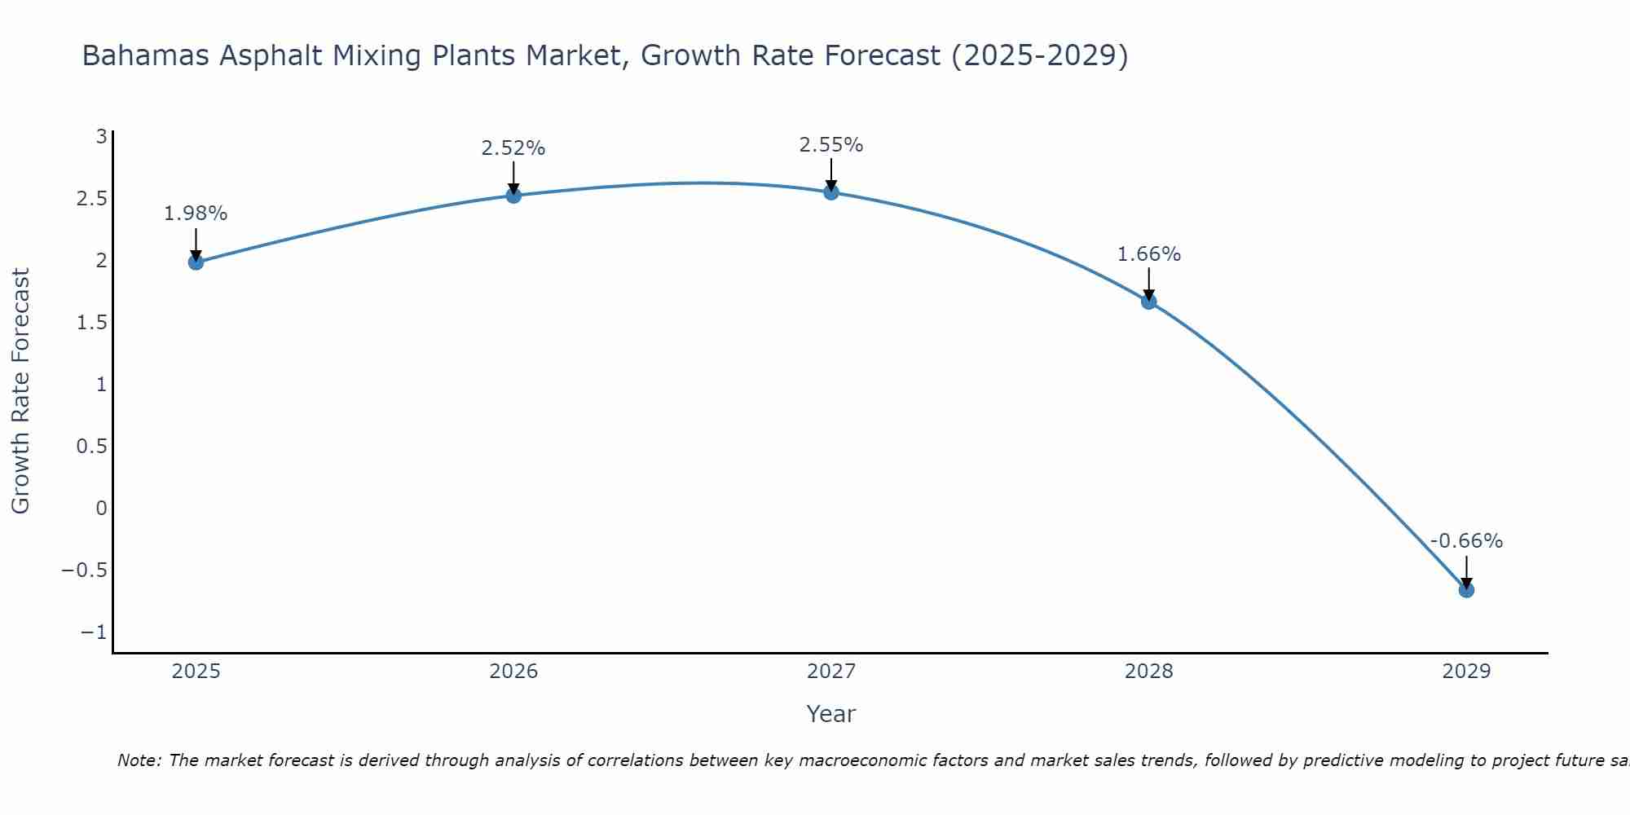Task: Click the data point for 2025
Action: coord(196,262)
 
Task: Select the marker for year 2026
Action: coord(513,195)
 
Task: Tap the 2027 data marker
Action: coord(831,192)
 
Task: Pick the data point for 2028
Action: coord(1149,302)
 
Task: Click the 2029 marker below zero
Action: coord(1466,589)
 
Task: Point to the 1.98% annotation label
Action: coord(196,214)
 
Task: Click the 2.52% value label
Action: coord(513,148)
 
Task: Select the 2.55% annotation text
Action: coord(831,145)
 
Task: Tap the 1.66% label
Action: coord(1149,254)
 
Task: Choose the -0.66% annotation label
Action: coord(1466,541)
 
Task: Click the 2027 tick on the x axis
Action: coord(831,672)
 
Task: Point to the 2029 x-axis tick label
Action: coord(1466,672)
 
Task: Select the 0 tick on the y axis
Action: coord(101,509)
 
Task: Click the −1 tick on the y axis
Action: coord(94,632)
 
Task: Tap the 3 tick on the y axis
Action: coord(101,137)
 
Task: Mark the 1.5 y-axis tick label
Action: coord(92,323)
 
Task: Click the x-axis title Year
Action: coord(831,714)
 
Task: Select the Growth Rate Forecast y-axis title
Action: coord(20,391)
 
